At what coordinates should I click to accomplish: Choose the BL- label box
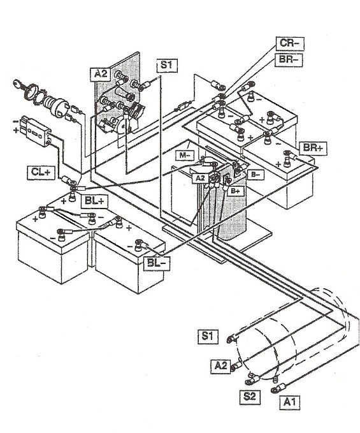[156, 261]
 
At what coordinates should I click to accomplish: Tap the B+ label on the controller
[236, 190]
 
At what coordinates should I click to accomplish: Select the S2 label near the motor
[250, 395]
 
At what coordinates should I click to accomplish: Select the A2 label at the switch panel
[101, 75]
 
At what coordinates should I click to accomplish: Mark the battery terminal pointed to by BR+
[287, 153]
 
